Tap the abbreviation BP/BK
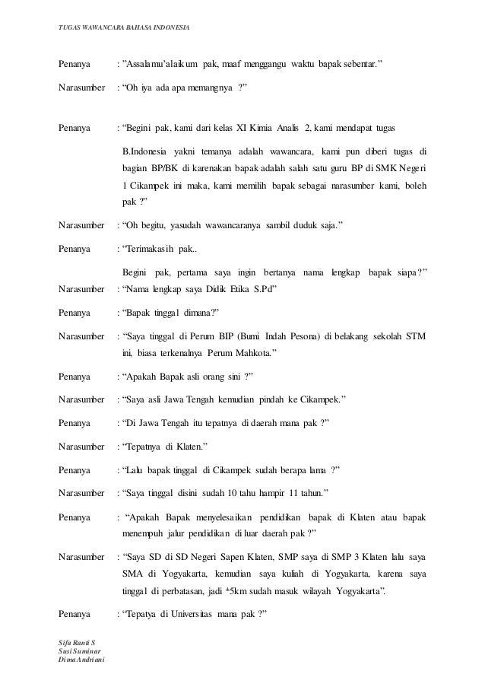point(163,167)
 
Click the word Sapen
point(234,556)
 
